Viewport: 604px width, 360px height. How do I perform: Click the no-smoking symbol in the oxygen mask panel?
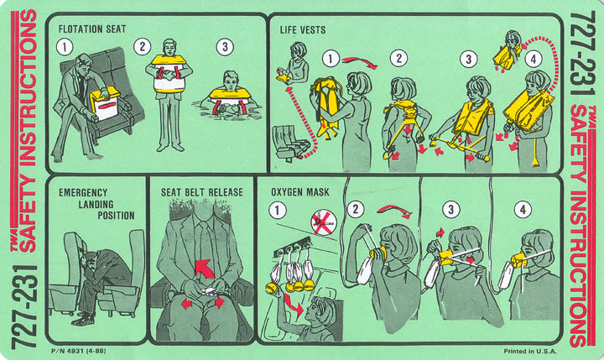tap(323, 222)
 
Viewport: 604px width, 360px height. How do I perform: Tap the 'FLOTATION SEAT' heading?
tap(92, 29)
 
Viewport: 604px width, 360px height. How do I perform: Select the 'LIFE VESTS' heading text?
tap(302, 29)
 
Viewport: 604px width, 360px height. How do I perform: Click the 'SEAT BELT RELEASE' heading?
tap(202, 192)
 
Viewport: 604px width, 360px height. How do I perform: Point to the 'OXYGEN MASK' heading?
tap(300, 192)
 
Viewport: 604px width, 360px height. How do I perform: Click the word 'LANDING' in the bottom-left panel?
tap(96, 204)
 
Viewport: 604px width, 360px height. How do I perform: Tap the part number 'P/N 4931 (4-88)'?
tap(78, 351)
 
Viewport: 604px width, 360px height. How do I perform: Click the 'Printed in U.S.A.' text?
tap(530, 351)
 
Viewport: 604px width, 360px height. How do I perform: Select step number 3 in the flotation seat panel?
tap(225, 47)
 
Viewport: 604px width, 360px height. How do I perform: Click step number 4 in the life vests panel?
tap(534, 60)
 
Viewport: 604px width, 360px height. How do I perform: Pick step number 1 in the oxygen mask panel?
tap(278, 211)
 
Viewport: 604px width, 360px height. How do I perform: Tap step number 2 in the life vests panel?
tap(398, 58)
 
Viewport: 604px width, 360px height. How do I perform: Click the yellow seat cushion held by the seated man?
tap(104, 103)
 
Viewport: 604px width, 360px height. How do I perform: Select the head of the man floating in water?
tap(231, 80)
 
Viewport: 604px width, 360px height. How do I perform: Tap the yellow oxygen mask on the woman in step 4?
tap(519, 260)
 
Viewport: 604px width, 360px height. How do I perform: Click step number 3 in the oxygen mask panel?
tap(450, 210)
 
